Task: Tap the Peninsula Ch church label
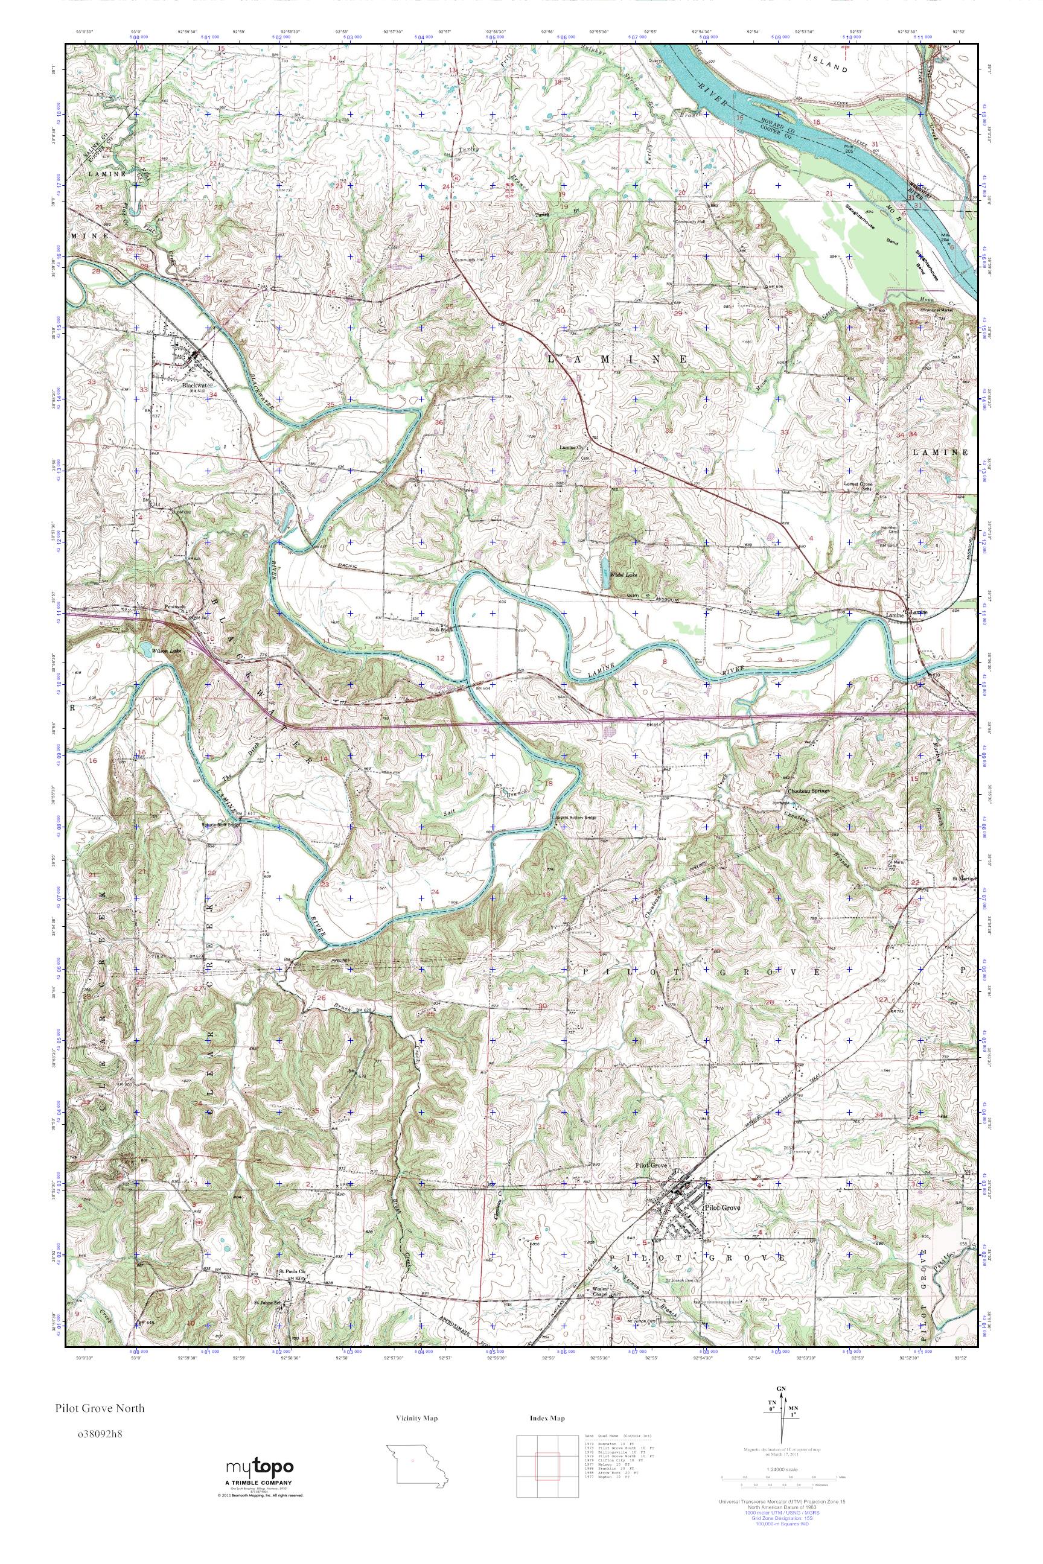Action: [x=178, y=608]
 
